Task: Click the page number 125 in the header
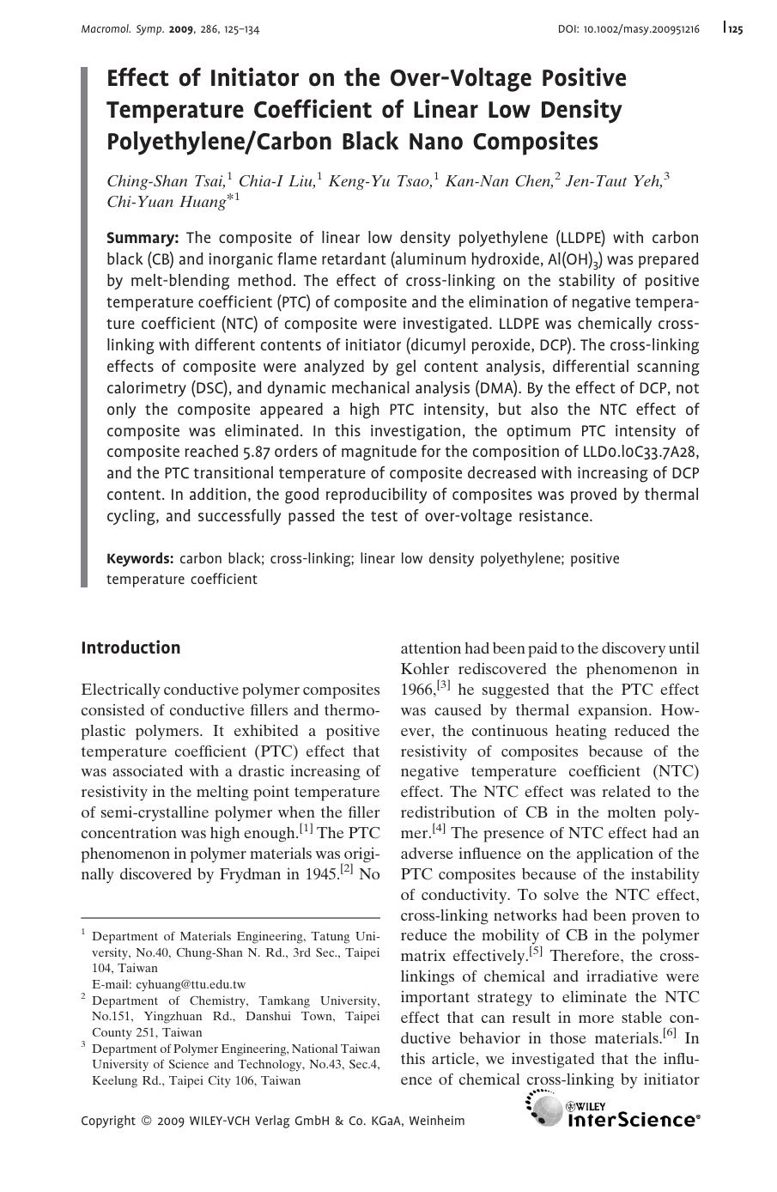(735, 29)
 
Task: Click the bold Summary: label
(143, 238)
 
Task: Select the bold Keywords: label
(140, 559)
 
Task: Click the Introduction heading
(131, 648)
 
